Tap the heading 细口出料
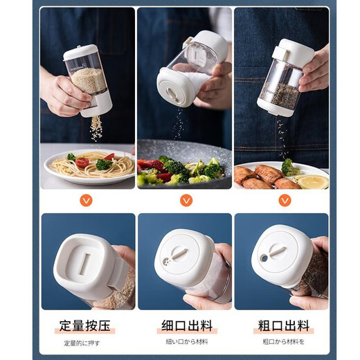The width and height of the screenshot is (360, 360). [186, 325]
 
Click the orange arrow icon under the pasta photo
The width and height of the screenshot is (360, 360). [86, 200]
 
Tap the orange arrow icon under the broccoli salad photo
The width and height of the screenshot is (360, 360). [186, 200]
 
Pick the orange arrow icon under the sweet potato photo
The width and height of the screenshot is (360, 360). [284, 200]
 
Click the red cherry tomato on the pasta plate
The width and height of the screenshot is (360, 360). [82, 163]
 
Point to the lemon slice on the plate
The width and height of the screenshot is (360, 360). [314, 181]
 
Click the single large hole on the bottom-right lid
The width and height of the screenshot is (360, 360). [264, 258]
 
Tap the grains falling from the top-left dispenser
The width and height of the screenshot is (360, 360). [96, 128]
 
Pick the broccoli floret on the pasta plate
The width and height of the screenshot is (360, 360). [102, 164]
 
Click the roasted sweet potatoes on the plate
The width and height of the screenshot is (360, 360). [260, 177]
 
